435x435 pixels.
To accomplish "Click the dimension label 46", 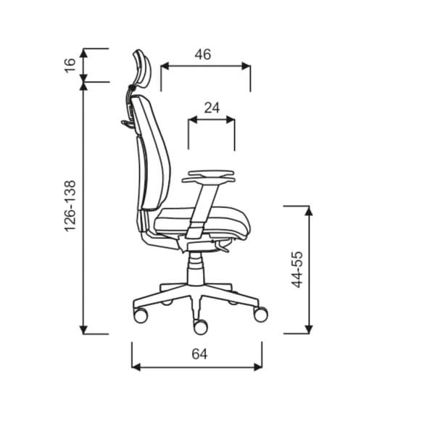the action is [x=203, y=54].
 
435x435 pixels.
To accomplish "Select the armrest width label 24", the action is [x=212, y=108].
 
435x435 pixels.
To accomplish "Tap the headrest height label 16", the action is [x=70, y=65].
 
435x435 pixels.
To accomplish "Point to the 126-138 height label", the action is [x=70, y=206].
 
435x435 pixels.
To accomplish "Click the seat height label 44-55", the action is [x=297, y=270].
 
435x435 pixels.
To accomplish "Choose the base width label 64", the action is [x=199, y=355].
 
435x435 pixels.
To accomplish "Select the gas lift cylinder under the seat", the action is [x=196, y=268].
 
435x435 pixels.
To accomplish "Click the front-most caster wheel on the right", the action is [x=261, y=315].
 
